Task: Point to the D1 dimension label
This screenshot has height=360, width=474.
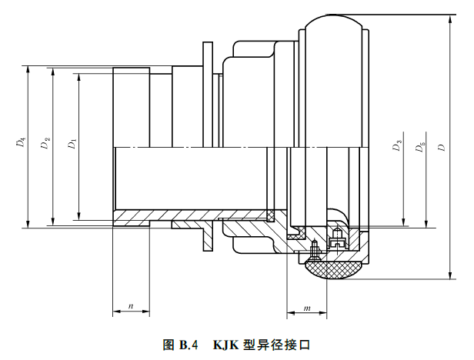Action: [x=72, y=144]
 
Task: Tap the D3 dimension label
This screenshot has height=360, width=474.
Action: [x=398, y=146]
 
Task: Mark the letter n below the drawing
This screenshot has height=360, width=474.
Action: [x=131, y=306]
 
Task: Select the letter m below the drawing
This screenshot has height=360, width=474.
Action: [x=306, y=308]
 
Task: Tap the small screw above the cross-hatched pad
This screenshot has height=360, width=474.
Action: [x=315, y=248]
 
